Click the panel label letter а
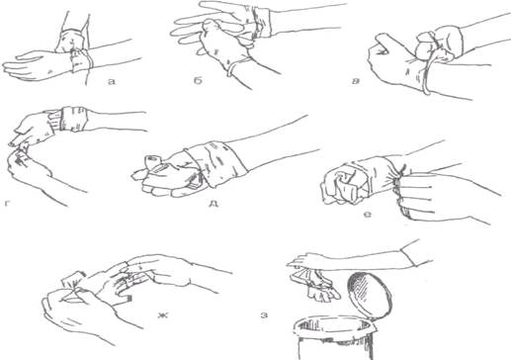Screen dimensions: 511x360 112,81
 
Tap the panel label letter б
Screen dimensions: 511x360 198,81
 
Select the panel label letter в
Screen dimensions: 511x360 355,81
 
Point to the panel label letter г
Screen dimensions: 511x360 7,204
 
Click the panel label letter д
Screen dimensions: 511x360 213,204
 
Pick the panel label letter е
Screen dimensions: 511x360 368,215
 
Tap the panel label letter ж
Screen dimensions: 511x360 162,315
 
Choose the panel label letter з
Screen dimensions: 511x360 264,315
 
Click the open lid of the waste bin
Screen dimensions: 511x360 370,296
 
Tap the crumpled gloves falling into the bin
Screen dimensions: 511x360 315,285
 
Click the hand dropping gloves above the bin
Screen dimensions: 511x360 308,260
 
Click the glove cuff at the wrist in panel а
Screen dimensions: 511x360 81,60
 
